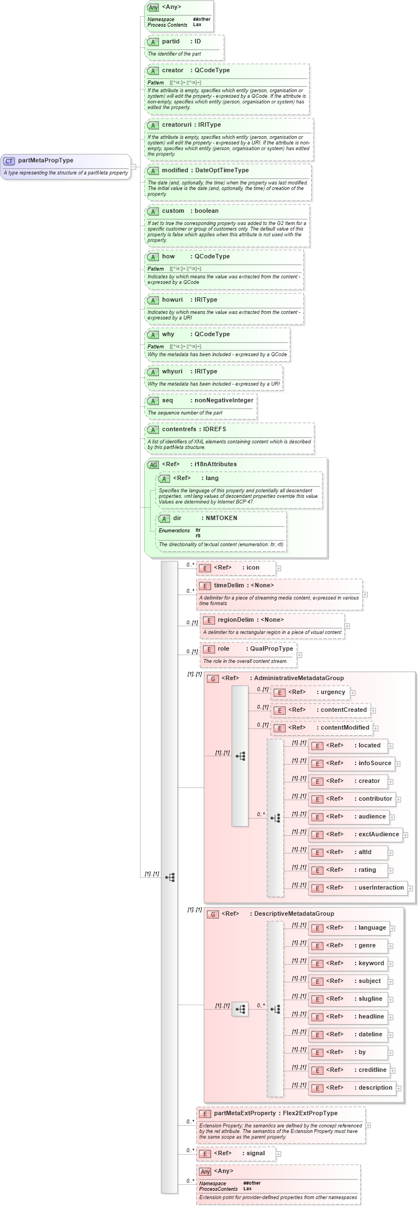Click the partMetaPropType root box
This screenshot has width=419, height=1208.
pyautogui.click(x=66, y=166)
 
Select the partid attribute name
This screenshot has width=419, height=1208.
pyautogui.click(x=171, y=42)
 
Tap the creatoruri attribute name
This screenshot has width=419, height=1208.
pyautogui.click(x=176, y=125)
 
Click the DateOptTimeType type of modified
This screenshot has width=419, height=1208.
pyautogui.click(x=222, y=171)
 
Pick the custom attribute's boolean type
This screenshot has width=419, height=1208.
pyautogui.click(x=206, y=211)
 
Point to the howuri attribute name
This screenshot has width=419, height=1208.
pyautogui.click(x=172, y=300)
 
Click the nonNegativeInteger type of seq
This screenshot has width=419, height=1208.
pyautogui.click(x=223, y=401)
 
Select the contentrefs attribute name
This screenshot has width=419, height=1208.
pyautogui.click(x=179, y=430)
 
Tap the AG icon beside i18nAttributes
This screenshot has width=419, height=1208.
pyautogui.click(x=153, y=465)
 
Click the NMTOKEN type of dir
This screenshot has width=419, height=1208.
pyautogui.click(x=221, y=518)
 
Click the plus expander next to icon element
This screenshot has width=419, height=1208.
pyautogui.click(x=278, y=568)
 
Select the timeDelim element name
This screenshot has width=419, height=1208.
pyautogui.click(x=228, y=586)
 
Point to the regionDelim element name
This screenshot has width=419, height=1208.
pyautogui.click(x=236, y=620)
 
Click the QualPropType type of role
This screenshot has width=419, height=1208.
pyautogui.click(x=271, y=649)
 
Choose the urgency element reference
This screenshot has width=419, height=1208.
pyautogui.click(x=332, y=692)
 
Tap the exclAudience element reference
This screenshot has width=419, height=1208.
pyautogui.click(x=378, y=835)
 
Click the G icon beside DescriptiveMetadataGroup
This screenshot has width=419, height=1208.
pyautogui.click(x=212, y=914)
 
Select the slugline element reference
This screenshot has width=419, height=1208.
pyautogui.click(x=370, y=999)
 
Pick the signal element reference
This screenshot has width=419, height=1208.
pyautogui.click(x=256, y=1154)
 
